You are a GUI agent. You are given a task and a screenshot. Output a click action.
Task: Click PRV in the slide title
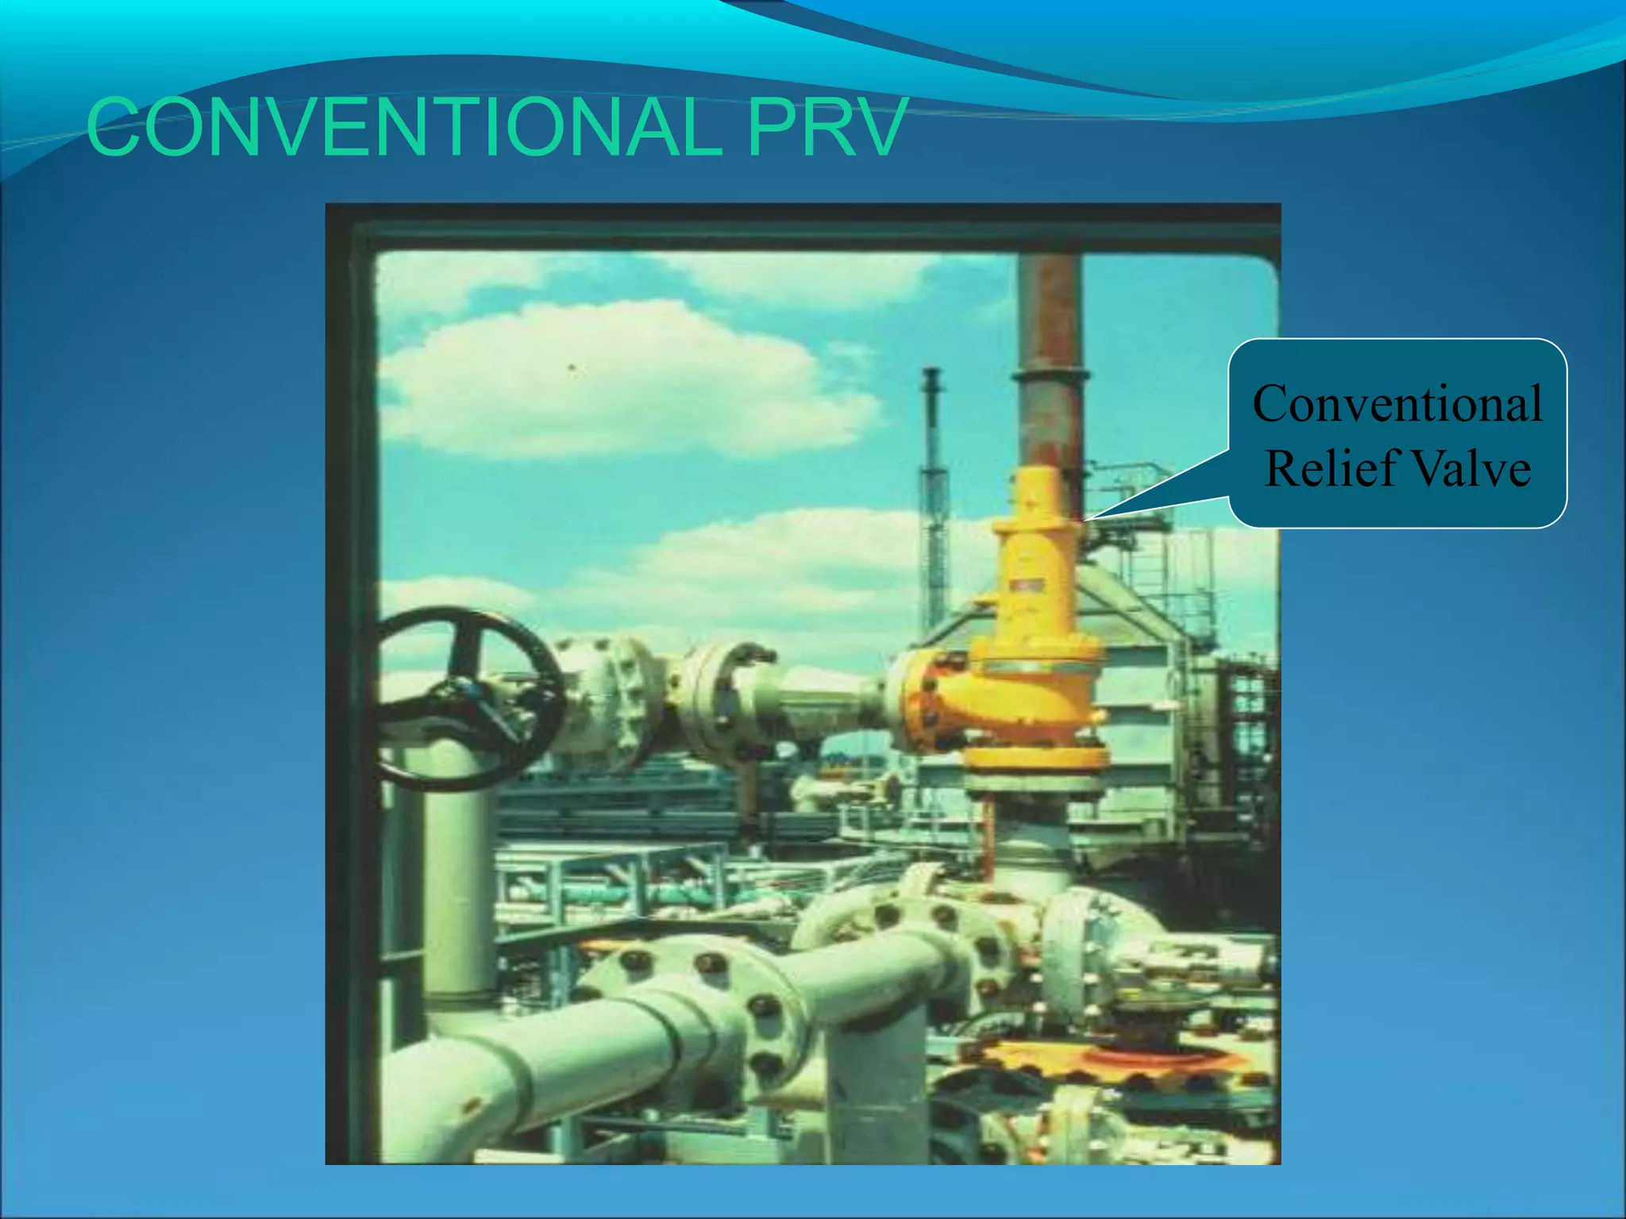[x=826, y=127]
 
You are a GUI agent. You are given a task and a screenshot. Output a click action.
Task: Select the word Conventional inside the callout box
[x=1397, y=403]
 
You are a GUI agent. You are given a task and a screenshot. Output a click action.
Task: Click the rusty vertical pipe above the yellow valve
[x=1050, y=357]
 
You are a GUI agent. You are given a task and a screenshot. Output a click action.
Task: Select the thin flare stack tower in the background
[x=934, y=492]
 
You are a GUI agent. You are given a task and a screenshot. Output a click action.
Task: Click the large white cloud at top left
[x=619, y=381]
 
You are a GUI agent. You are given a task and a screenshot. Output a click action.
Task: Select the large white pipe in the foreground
[x=556, y=1056]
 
